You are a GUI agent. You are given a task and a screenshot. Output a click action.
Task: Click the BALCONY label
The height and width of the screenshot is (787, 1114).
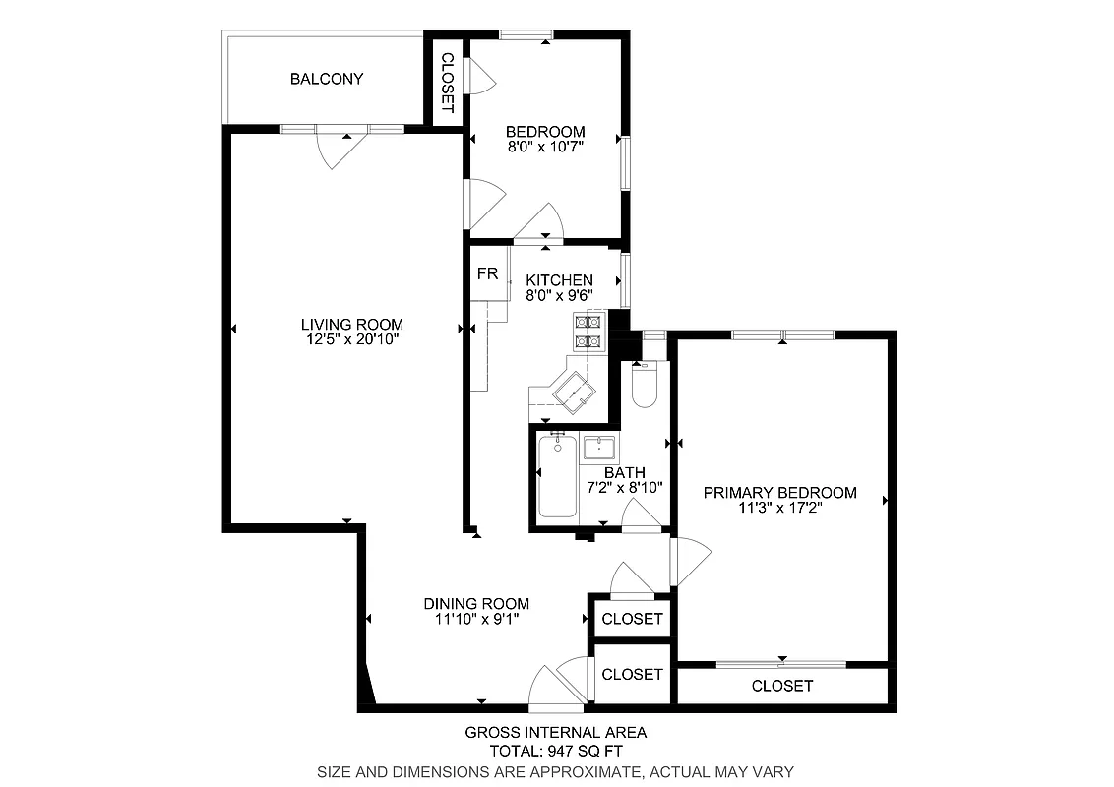(x=326, y=79)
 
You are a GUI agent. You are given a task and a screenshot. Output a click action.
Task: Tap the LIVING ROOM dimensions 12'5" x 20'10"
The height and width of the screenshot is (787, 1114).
(x=352, y=339)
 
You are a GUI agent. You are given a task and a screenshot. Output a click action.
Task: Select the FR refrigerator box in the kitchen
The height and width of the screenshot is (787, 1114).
(x=487, y=273)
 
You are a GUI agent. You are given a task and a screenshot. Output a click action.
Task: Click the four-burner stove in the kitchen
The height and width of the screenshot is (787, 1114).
(x=588, y=332)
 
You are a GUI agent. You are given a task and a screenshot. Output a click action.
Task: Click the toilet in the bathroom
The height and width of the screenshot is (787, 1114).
(x=646, y=387)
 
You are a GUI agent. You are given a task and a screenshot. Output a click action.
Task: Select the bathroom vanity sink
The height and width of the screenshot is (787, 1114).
(x=598, y=449)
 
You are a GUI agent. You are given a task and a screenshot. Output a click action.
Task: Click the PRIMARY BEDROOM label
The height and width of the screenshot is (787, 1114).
(x=779, y=493)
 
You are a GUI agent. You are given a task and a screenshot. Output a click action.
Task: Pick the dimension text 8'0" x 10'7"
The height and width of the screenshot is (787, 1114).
(x=545, y=148)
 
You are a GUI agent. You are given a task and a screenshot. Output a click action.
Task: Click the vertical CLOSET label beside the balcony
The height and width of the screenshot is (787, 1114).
(x=446, y=84)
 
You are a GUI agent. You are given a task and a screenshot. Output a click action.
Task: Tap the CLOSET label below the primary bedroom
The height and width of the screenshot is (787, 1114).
(x=782, y=686)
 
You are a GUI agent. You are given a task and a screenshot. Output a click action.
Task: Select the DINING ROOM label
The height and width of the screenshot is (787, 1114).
(x=476, y=604)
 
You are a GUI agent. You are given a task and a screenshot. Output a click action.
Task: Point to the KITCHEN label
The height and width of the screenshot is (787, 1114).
(x=559, y=280)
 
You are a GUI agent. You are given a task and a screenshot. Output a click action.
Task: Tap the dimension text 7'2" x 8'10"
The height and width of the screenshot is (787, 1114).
(x=625, y=487)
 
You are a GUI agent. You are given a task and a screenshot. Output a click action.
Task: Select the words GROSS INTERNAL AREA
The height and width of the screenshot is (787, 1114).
(x=555, y=732)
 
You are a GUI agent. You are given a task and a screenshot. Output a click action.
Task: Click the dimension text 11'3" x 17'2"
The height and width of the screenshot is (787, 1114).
(x=779, y=509)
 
